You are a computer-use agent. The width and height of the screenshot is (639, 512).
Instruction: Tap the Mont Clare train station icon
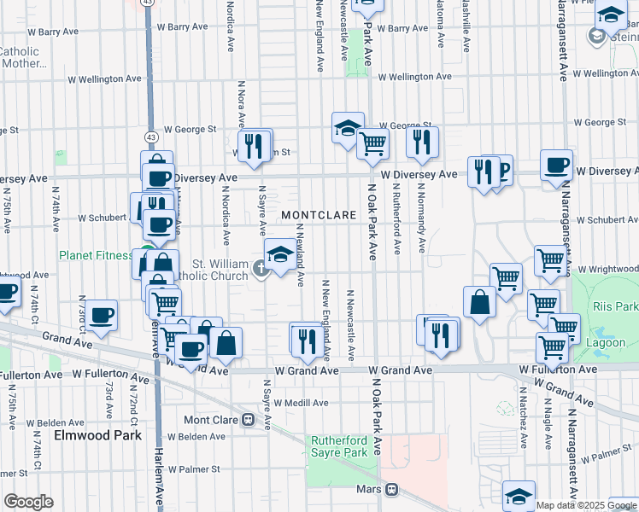[x=249, y=420]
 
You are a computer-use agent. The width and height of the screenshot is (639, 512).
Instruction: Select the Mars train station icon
[x=391, y=490]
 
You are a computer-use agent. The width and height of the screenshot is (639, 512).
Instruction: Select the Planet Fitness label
[x=94, y=255]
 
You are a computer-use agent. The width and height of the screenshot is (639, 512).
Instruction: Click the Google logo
[x=29, y=502]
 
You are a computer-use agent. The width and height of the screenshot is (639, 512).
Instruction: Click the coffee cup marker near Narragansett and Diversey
[x=556, y=166]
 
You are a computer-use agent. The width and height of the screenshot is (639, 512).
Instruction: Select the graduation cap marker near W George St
[x=348, y=128]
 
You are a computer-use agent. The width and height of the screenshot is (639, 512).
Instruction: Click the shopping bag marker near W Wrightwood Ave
[x=479, y=300]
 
